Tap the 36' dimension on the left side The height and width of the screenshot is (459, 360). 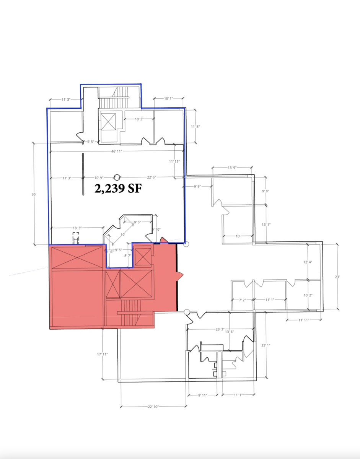[34, 194]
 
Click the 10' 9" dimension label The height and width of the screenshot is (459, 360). [99, 177]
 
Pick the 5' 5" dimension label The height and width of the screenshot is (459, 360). [91, 142]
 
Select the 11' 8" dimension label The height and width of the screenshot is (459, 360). [195, 126]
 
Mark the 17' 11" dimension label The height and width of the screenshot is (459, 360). [103, 354]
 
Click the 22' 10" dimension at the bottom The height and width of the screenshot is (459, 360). [153, 407]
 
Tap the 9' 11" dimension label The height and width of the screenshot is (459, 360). [202, 395]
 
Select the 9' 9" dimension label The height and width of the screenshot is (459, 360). [198, 187]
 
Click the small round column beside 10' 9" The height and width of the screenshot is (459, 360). [117, 177]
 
